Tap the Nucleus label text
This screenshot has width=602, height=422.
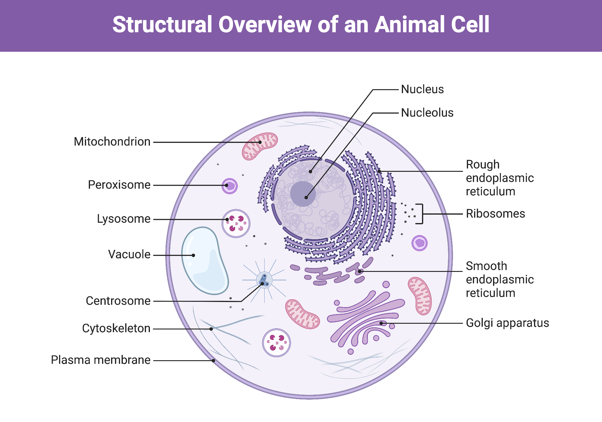point(422,90)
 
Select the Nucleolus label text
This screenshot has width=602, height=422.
point(427,113)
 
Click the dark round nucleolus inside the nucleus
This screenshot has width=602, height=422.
point(303,194)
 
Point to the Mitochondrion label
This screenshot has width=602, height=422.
point(112,142)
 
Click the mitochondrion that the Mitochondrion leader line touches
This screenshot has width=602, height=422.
point(260,146)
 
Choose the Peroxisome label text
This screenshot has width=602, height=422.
point(119,185)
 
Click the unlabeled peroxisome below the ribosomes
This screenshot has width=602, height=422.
point(419,243)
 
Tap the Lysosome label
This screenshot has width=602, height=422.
point(123,219)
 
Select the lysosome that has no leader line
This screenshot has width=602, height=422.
point(276,343)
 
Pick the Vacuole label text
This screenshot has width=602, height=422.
point(129,254)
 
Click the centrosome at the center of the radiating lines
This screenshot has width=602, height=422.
point(264,280)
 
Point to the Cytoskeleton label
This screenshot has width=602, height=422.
point(116,328)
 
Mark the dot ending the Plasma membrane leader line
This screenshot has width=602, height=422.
point(213,361)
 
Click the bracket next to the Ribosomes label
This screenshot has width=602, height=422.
point(421,214)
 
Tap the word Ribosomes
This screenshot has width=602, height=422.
point(495,214)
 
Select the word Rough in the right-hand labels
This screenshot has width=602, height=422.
point(483,165)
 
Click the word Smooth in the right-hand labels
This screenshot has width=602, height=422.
point(486,266)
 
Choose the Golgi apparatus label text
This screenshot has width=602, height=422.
point(507,323)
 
